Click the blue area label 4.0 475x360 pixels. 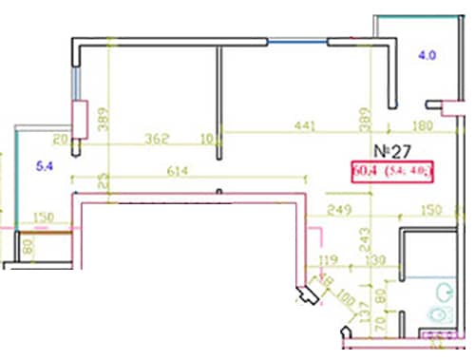(x=427, y=56)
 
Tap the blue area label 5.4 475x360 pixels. (x=45, y=167)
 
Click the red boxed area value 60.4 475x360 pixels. (x=363, y=171)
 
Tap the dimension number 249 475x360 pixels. (x=340, y=210)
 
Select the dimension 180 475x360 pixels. (x=424, y=127)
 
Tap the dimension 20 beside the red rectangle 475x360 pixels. (x=61, y=139)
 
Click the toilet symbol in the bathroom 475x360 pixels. (x=441, y=314)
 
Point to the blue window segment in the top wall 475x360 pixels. (x=296, y=40)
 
